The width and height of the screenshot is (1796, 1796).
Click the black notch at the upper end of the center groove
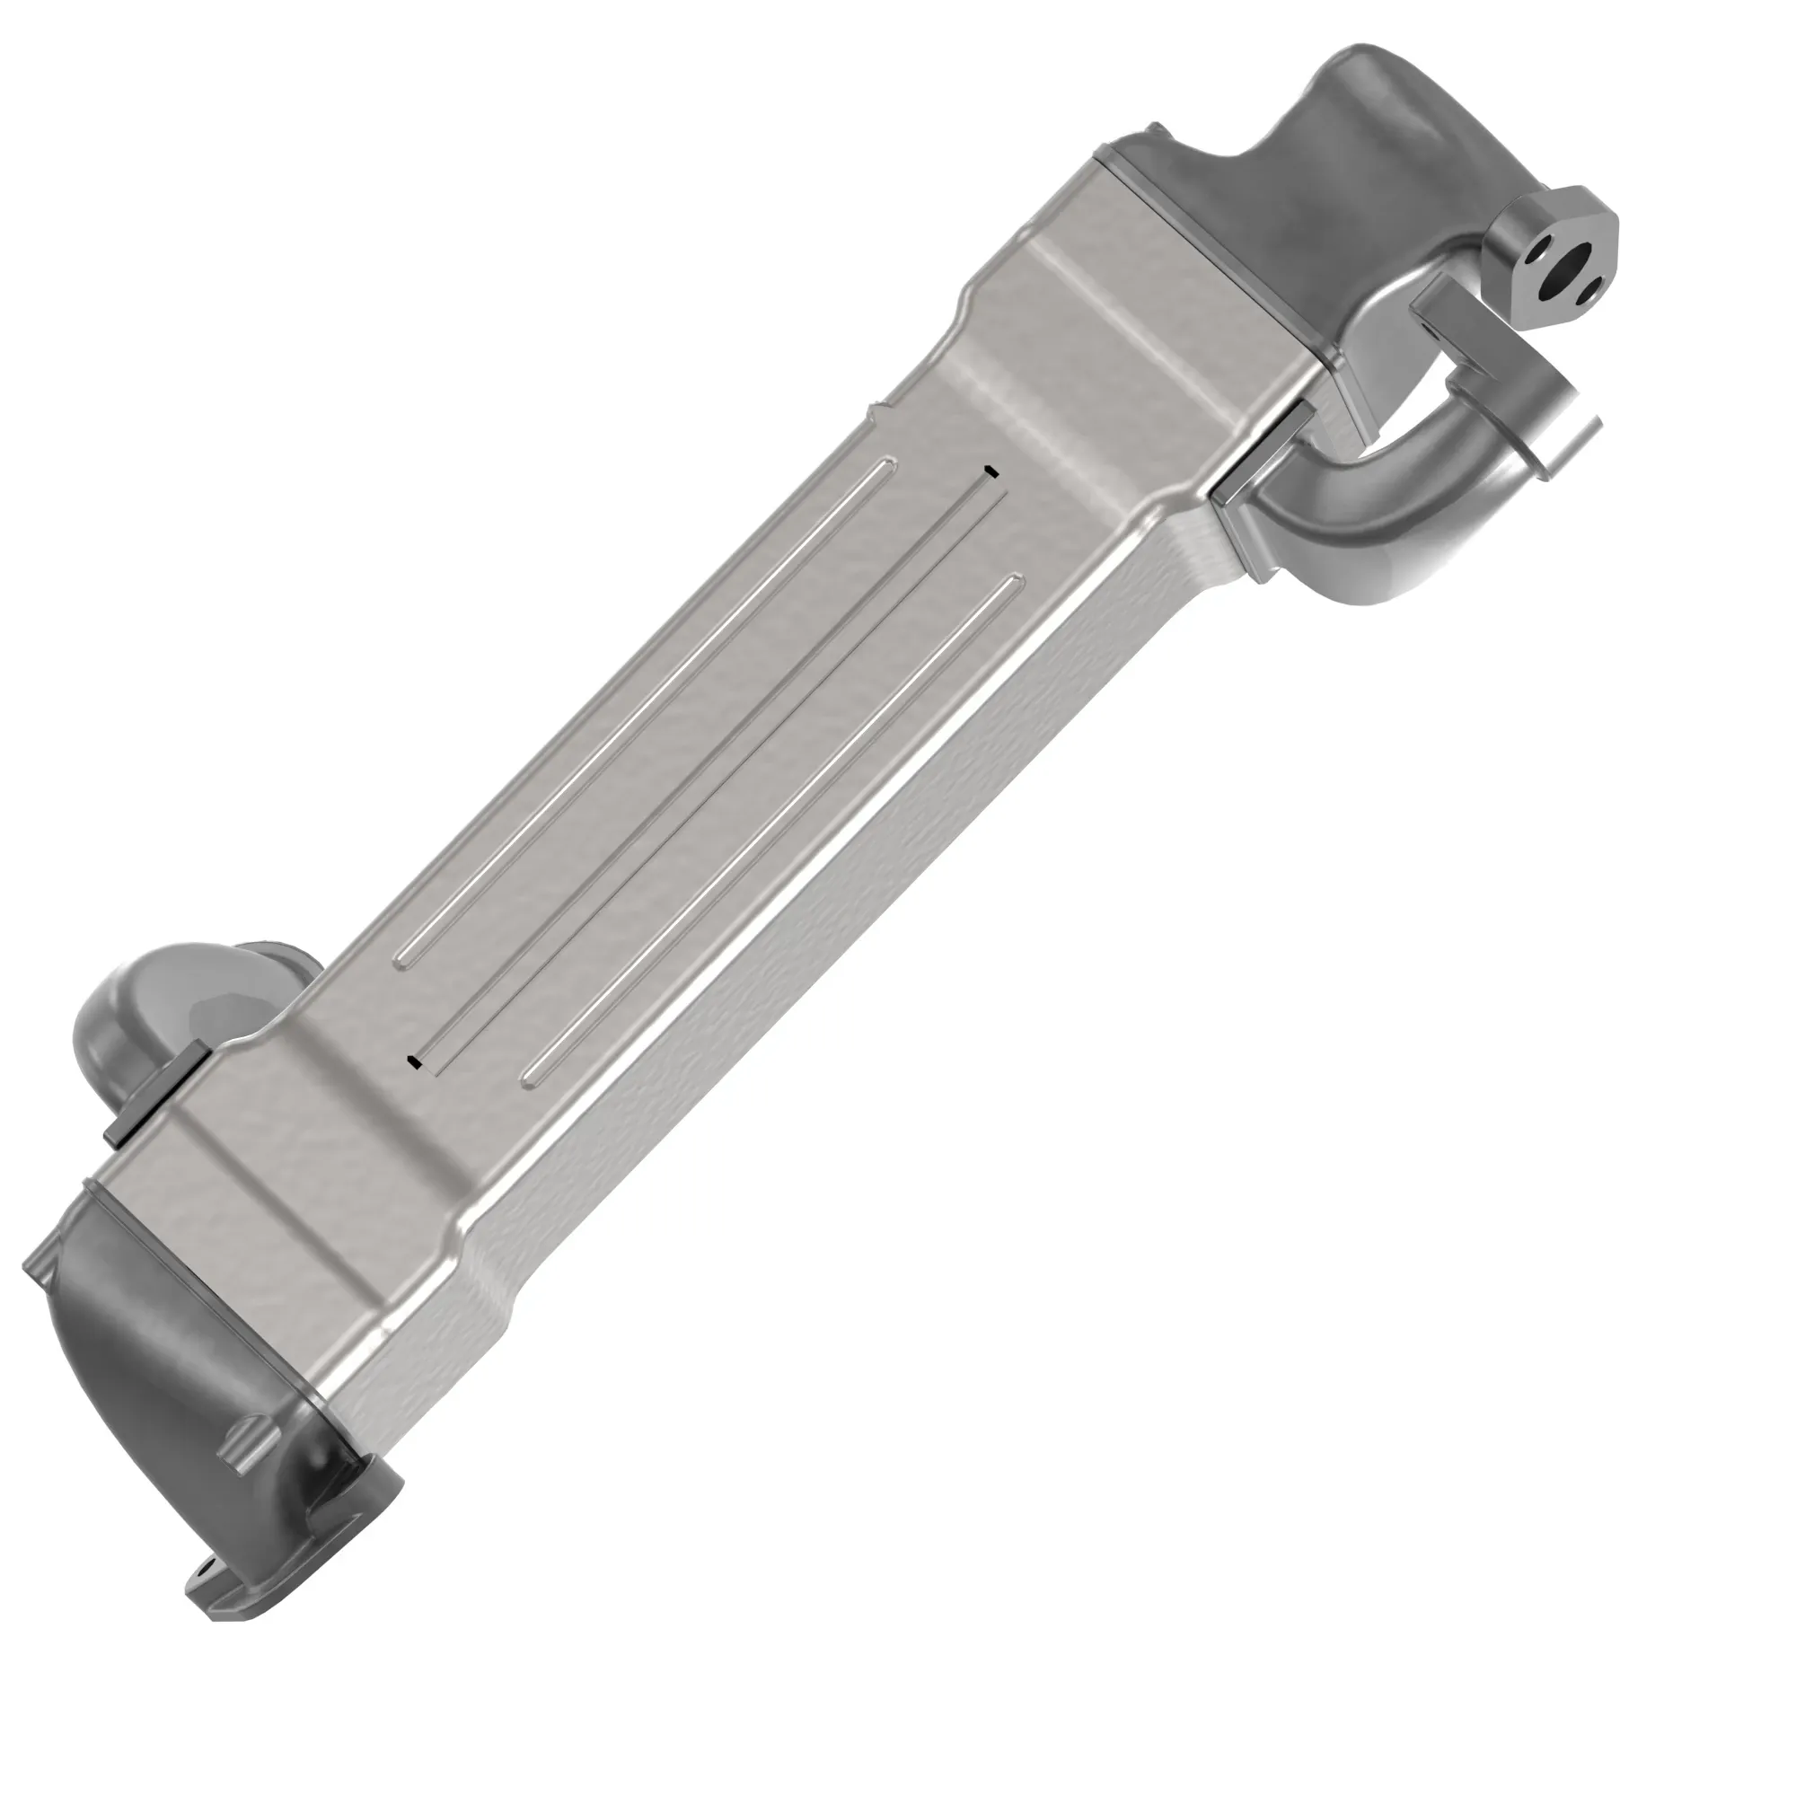pyautogui.click(x=991, y=471)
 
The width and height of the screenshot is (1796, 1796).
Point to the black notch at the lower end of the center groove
pyautogui.click(x=415, y=1061)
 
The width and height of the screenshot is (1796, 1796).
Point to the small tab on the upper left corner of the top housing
pyautogui.click(x=1155, y=128)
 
